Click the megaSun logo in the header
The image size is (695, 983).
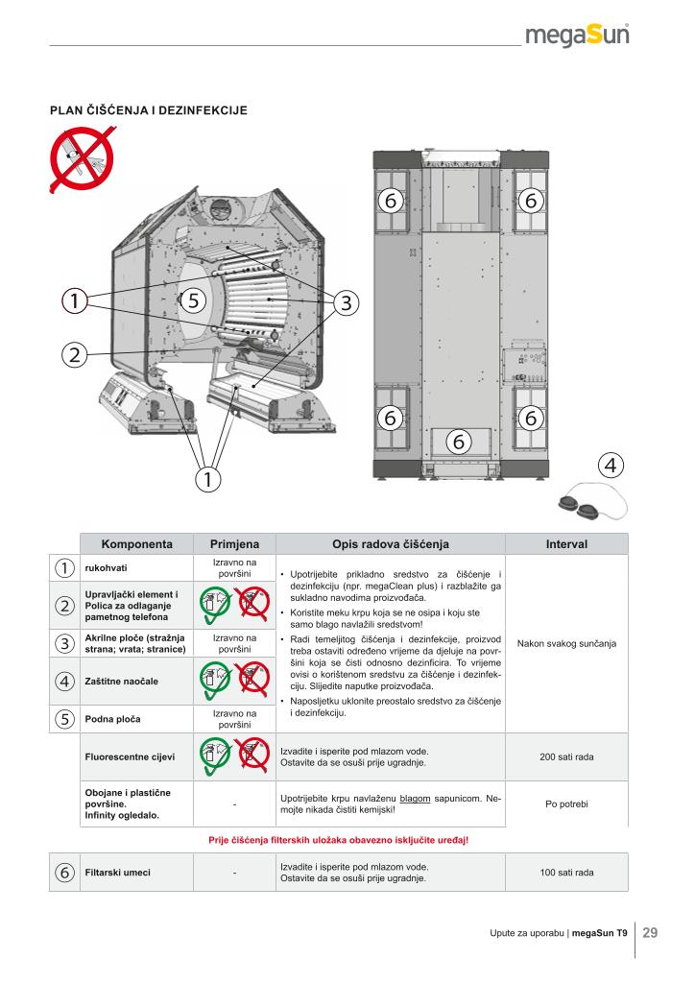point(578,36)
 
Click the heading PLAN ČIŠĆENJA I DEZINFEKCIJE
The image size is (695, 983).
point(149,110)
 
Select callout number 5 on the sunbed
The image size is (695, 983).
point(193,300)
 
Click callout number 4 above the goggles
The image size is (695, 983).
point(611,464)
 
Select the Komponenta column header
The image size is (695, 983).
point(136,543)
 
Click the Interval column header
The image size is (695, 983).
point(566,543)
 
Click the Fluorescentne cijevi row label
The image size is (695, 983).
point(130,757)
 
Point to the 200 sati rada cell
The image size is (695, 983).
point(566,757)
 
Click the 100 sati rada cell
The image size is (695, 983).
point(566,873)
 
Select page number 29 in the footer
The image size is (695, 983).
point(650,931)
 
